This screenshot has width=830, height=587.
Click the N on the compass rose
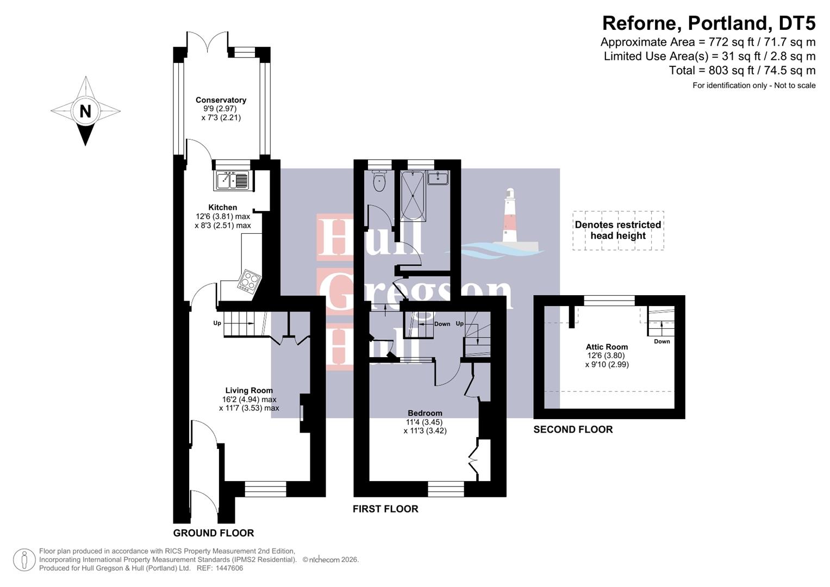(x=85, y=111)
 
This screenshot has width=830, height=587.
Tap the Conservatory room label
(x=221, y=100)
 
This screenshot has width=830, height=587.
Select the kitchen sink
(x=233, y=180)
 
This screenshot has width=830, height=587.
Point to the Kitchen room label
(x=222, y=207)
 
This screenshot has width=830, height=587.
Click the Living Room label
(x=249, y=390)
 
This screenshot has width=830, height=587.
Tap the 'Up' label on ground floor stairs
(x=217, y=323)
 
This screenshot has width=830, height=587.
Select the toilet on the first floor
(x=379, y=181)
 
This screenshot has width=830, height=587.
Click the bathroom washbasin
(x=438, y=178)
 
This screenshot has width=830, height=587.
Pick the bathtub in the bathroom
(x=413, y=196)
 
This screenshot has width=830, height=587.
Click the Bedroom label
(x=425, y=413)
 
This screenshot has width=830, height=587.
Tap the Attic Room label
(x=607, y=347)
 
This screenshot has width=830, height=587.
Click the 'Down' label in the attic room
(x=661, y=341)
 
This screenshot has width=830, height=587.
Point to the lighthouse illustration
(x=509, y=217)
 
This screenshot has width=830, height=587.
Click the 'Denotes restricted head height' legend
(x=618, y=230)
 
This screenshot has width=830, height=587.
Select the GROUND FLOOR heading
(x=214, y=533)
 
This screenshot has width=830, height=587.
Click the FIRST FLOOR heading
(x=385, y=509)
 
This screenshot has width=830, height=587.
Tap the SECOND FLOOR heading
(x=573, y=429)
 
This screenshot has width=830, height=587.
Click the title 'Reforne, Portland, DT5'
(x=709, y=23)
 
